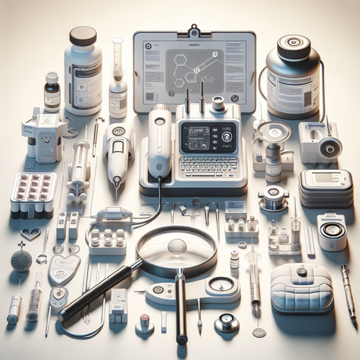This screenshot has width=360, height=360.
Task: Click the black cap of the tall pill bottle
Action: point(83,36)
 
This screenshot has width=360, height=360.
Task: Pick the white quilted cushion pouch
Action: point(302,287)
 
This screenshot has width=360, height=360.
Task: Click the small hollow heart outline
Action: point(29,234)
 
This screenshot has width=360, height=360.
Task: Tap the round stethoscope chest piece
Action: point(226,322)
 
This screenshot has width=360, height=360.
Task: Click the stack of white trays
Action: point(325,189)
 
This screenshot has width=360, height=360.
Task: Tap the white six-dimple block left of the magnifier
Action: point(108,241)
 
